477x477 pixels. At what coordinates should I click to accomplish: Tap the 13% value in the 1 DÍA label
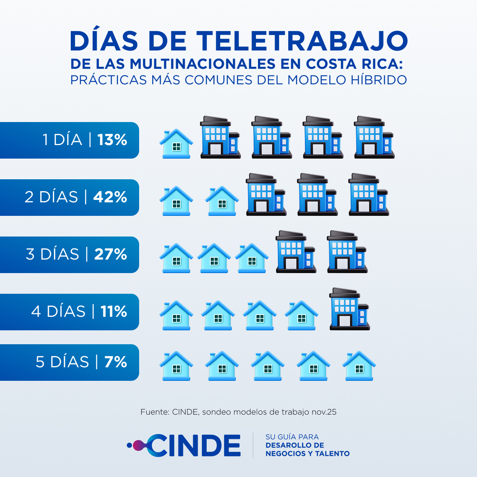pos(112,140)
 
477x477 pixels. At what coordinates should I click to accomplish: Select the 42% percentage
pos(110,197)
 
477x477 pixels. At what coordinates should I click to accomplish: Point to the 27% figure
pos(111,254)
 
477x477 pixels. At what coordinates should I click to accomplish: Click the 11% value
pos(114,312)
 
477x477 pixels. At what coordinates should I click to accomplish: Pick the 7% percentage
pos(115,362)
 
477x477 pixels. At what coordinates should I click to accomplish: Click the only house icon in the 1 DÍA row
pos(176,144)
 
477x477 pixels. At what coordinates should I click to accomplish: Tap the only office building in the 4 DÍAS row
pos(349,309)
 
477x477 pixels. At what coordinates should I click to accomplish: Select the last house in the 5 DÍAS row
pos(359,366)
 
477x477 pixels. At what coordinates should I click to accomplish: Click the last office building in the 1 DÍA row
pos(374,138)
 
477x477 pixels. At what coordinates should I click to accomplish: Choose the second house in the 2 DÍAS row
pos(222,201)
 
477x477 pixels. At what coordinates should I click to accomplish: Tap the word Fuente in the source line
pos(155,412)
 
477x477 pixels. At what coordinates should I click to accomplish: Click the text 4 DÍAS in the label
pos(58,312)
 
